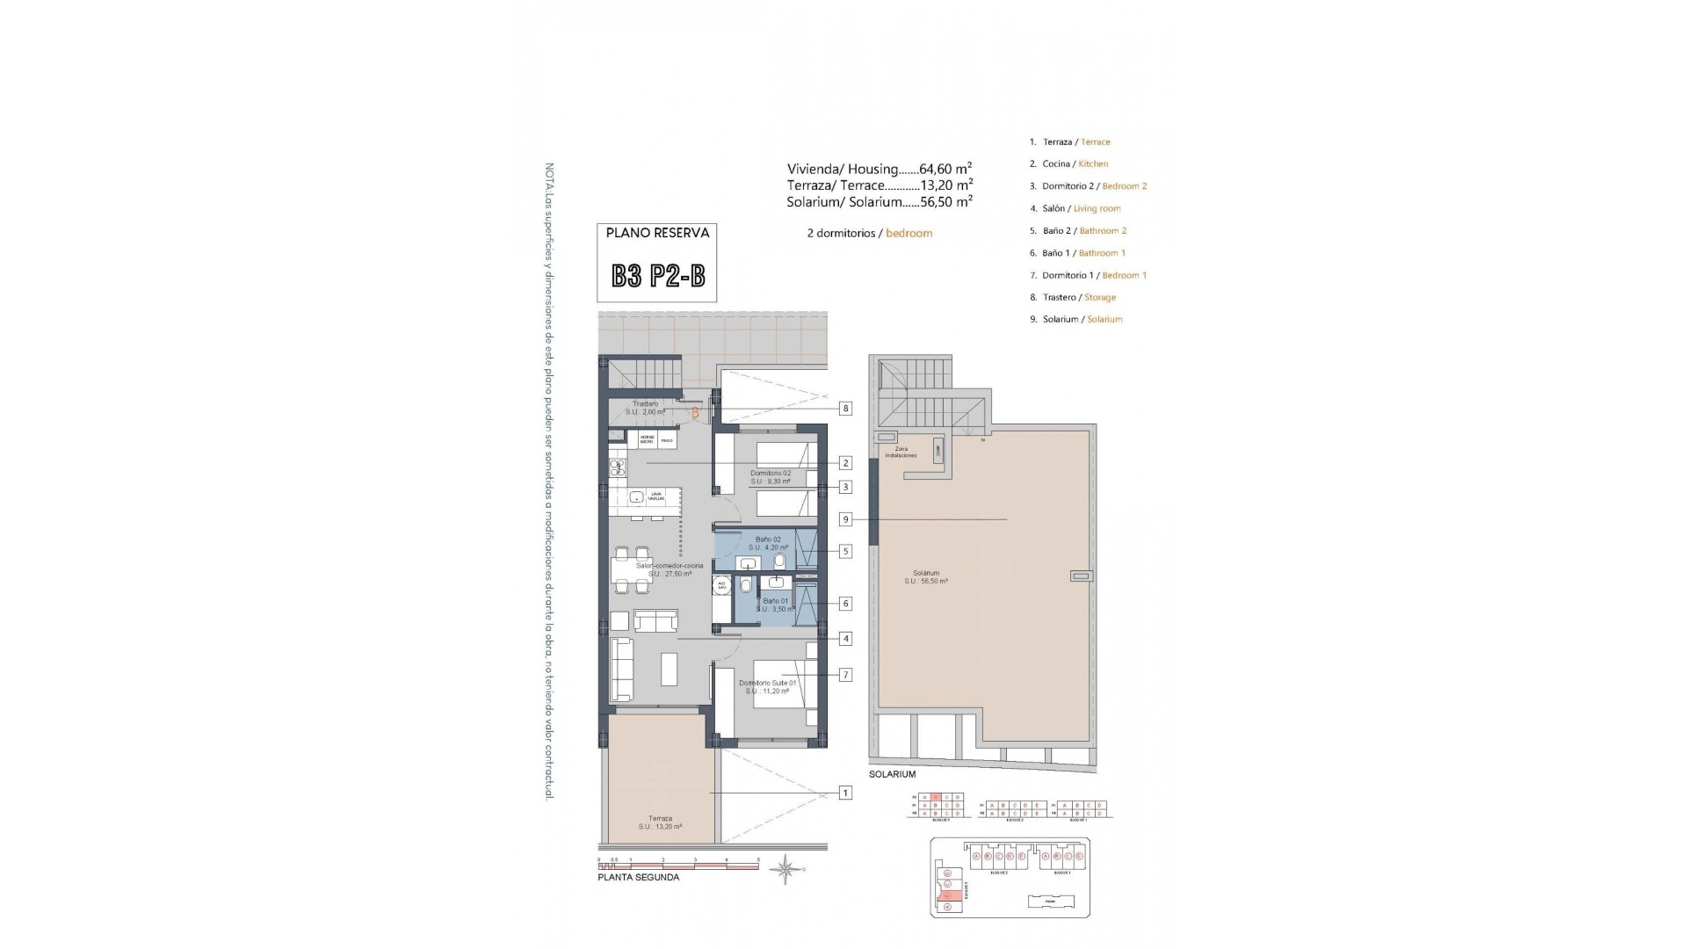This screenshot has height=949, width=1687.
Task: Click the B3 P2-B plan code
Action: [657, 277]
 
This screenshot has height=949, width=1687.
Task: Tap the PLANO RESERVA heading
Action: [657, 233]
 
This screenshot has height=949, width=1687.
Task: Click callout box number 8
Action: [845, 408]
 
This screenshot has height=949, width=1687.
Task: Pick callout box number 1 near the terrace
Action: [845, 793]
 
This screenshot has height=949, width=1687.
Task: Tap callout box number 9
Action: [845, 519]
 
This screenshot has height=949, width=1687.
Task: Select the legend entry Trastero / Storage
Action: [1078, 297]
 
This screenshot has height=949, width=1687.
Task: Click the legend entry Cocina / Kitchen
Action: [1075, 163]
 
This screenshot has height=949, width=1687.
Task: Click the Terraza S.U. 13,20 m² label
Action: [660, 822]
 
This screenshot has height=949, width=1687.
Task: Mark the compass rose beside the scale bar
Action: [786, 869]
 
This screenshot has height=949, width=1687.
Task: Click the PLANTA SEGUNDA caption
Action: [638, 877]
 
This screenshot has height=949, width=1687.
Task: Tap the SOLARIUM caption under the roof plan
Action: [892, 774]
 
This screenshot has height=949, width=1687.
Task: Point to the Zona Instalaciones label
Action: [901, 452]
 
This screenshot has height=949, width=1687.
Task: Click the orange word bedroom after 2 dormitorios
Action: [909, 234]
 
